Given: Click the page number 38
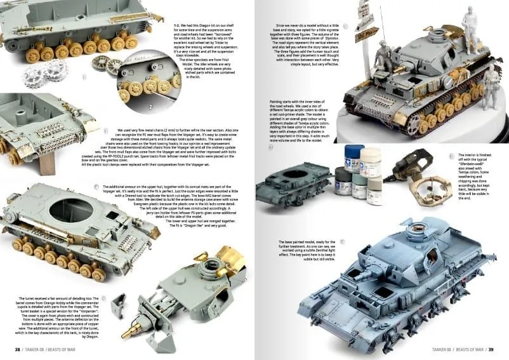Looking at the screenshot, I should [x=17, y=349].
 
